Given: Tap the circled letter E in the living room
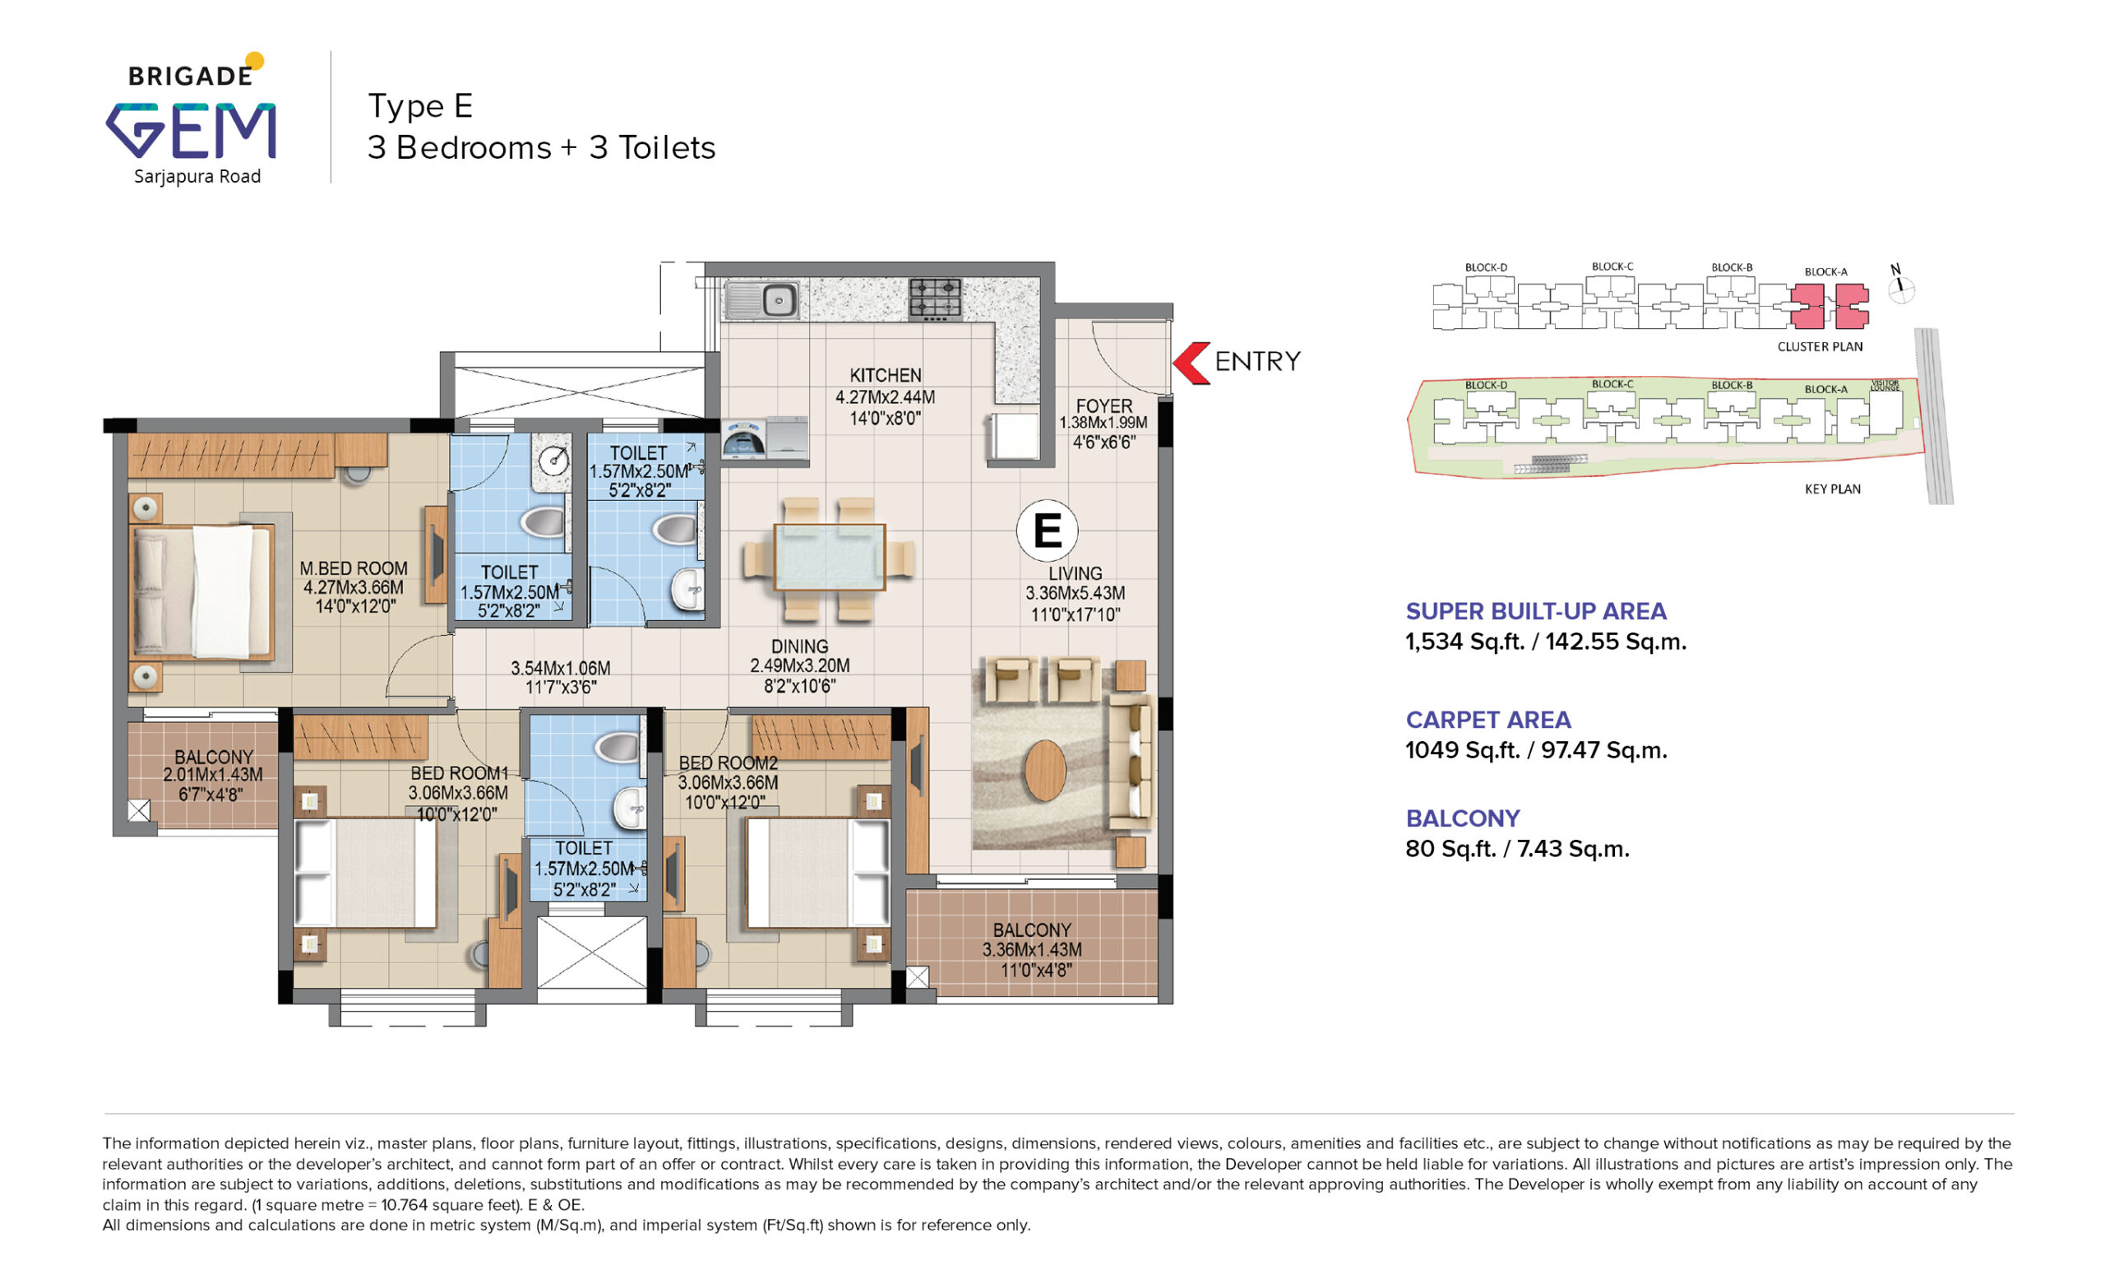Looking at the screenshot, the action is coord(1047,531).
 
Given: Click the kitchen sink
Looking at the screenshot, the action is coord(762,300).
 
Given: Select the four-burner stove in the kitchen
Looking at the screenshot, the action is coord(936,299).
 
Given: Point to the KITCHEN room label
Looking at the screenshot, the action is coord(885,375).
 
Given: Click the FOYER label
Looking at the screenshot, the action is coord(1103,405).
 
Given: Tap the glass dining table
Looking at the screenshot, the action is coord(829,557).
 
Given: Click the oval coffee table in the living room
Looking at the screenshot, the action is coord(1045,770).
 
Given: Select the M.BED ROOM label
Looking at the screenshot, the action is coord(353,568).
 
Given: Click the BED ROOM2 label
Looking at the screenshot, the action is coord(728,763).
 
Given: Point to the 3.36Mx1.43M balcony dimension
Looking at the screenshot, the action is coord(1032,949).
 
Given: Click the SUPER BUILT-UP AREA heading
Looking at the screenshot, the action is coord(1536,611).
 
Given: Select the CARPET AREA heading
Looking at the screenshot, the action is coord(1488,720).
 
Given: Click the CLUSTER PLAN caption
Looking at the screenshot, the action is coord(1820,347).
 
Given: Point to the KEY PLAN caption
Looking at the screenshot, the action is coord(1833,489).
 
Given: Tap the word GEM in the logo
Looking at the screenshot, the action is coord(191,130).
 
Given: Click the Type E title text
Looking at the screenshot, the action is coord(420,106).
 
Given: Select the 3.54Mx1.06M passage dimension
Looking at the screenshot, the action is coord(561,667).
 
